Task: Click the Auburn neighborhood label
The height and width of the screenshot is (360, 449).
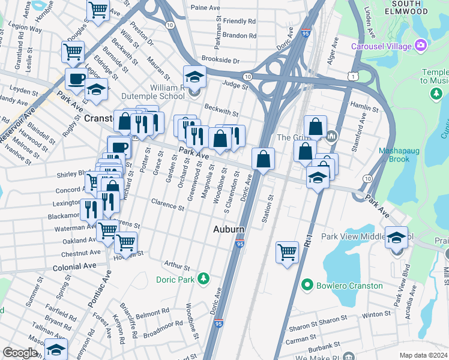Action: coord(229,230)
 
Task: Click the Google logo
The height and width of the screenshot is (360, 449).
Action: coord(20,353)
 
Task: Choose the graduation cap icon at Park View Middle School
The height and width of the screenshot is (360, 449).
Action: coord(396,238)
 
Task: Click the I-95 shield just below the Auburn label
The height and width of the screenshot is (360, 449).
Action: coord(240,244)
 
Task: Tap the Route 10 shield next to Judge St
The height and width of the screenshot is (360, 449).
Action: coord(247,76)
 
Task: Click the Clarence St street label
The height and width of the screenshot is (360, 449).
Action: coord(168,207)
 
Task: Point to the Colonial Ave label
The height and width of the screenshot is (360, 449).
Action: coord(74,266)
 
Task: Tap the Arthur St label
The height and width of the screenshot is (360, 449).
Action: coord(177,265)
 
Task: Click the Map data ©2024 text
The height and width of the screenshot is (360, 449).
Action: coord(423,355)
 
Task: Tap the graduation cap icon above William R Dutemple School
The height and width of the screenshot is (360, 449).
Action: coord(194,76)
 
